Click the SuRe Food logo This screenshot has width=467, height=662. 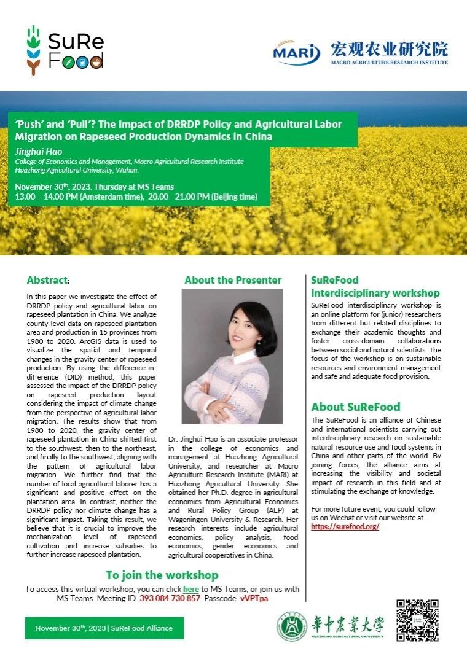(x=65, y=49)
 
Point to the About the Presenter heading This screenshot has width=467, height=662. (x=233, y=280)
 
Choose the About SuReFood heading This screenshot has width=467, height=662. (x=355, y=407)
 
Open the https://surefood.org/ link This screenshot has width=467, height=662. (x=345, y=526)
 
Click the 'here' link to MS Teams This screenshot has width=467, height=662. (x=190, y=589)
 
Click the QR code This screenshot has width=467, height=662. (x=417, y=620)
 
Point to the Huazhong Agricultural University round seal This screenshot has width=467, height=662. (x=292, y=626)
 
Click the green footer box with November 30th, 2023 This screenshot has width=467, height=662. (x=104, y=628)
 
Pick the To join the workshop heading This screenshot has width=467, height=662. (x=162, y=575)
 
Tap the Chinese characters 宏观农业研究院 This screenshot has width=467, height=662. (x=389, y=49)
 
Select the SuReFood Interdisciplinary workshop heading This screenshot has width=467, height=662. (x=375, y=287)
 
